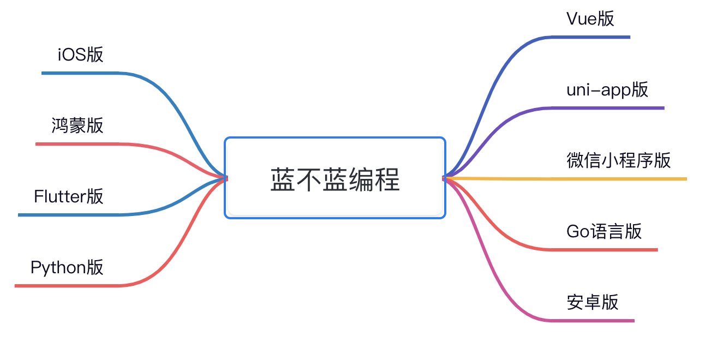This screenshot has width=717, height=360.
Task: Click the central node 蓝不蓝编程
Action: point(335,178)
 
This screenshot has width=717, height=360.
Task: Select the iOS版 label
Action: point(80,55)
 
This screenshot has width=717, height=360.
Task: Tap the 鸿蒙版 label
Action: point(77,125)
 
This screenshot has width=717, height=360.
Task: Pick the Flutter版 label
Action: point(69,196)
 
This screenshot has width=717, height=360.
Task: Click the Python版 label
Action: point(67,267)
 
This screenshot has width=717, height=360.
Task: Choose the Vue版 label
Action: point(590,19)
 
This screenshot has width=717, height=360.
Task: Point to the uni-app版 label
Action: point(607,89)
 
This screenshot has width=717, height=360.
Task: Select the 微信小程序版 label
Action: point(619,160)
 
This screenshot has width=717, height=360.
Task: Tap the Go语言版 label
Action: point(604,231)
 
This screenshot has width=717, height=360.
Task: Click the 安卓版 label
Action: point(593,302)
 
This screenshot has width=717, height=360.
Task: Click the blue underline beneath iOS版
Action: point(82,73)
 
